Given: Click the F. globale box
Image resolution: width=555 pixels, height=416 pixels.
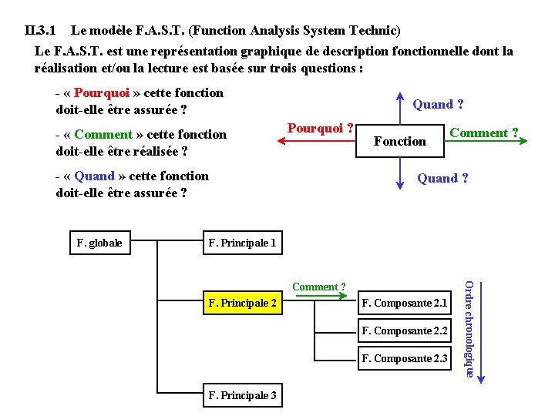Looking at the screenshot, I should click(x=99, y=243).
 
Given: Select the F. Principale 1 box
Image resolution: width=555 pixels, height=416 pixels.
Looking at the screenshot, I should click(x=242, y=243).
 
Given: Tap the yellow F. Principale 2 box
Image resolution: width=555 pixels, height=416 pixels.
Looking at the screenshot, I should click(x=242, y=303).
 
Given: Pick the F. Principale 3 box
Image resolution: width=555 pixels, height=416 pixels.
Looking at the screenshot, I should click(x=242, y=396).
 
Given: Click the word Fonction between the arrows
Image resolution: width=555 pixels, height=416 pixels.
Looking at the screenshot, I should click(x=399, y=141).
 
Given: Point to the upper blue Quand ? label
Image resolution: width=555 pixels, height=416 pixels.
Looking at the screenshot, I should click(x=438, y=105).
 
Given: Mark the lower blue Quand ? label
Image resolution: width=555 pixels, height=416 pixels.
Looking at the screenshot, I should click(x=442, y=179).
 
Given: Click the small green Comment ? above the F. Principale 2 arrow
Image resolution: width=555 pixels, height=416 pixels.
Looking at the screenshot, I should click(x=318, y=287).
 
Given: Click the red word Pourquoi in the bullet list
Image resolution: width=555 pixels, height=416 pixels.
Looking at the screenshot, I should click(x=102, y=93).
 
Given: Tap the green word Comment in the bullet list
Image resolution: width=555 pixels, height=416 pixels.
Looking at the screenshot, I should click(x=103, y=135).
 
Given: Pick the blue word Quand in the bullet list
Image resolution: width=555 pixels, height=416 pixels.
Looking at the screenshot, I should click(x=94, y=176).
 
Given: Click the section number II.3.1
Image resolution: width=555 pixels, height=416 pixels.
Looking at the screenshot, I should click(x=40, y=32).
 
